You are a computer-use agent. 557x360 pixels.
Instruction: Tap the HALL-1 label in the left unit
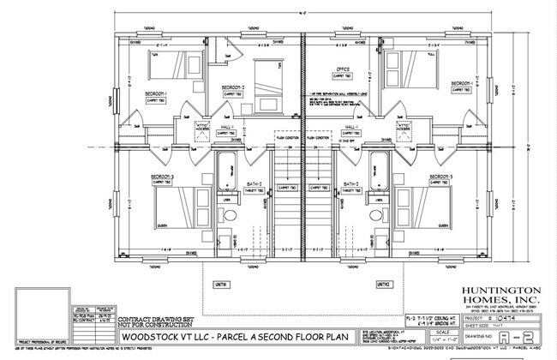249,127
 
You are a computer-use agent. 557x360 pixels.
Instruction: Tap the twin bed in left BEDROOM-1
165,65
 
